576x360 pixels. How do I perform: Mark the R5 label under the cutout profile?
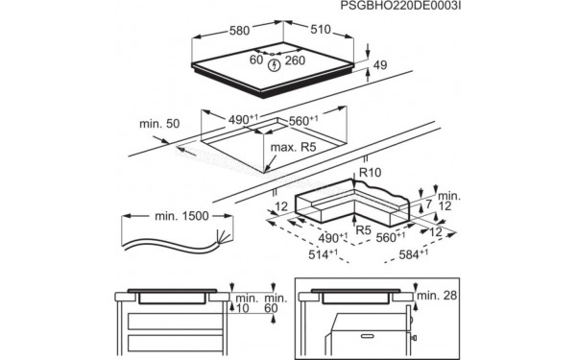363,230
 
